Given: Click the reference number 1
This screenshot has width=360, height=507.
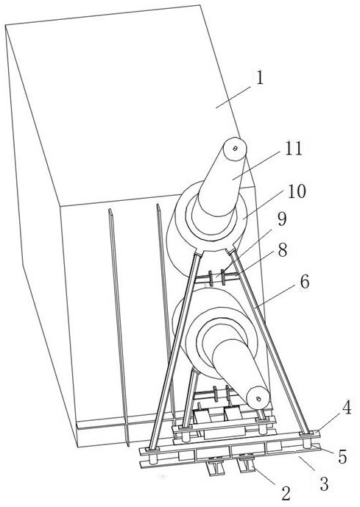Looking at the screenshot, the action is click(x=259, y=79).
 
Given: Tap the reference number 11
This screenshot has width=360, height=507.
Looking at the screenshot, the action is click(x=293, y=149).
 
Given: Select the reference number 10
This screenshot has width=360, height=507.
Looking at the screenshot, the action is click(x=296, y=191).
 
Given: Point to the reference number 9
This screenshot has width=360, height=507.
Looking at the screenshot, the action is click(x=281, y=220).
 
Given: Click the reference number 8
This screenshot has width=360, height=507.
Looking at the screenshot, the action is click(x=283, y=251).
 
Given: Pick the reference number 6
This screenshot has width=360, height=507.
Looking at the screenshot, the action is click(x=304, y=282).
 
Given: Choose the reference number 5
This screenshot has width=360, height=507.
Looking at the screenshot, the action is click(x=342, y=457).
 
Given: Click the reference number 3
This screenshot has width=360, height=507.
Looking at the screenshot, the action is click(x=324, y=483).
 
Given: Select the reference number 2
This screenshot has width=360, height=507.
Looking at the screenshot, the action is click(x=286, y=494).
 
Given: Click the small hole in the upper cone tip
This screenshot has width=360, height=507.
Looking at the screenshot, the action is click(x=236, y=148).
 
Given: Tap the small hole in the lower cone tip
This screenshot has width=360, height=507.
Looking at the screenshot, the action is click(x=258, y=399).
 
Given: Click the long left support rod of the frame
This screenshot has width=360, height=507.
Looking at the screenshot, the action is click(x=174, y=351).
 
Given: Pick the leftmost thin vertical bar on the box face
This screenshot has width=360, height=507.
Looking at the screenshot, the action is click(x=119, y=327).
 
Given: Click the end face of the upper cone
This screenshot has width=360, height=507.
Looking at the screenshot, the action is click(x=235, y=149).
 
